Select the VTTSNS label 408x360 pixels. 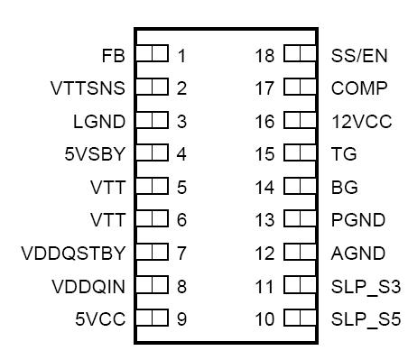click(x=88, y=88)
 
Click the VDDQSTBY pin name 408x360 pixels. click(x=73, y=253)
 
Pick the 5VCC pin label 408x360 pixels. click(x=100, y=318)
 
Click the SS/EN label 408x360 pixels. click(x=359, y=56)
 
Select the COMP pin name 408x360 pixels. click(x=359, y=88)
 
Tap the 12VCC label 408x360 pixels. click(x=362, y=121)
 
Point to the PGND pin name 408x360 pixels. click(x=358, y=220)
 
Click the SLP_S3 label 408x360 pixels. click(x=366, y=286)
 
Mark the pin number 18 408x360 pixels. click(x=264, y=56)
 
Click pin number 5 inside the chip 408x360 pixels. click(x=181, y=188)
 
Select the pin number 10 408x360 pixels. click(x=264, y=318)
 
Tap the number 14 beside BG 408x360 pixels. click(x=264, y=188)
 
